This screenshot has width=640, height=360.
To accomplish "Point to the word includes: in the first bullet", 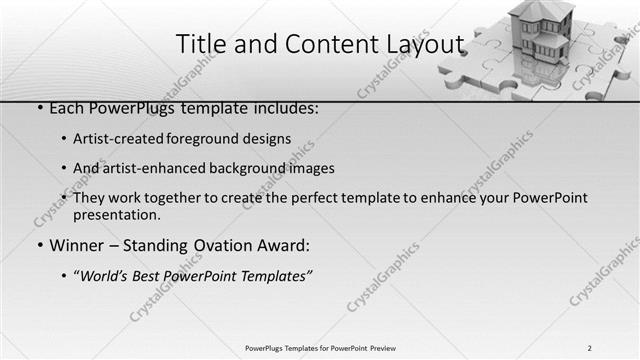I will point(284,107).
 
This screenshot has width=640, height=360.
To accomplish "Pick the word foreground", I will point(223,138).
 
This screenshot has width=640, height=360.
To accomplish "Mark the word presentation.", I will point(117,214).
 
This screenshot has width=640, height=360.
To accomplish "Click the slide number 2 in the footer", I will point(590,348).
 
